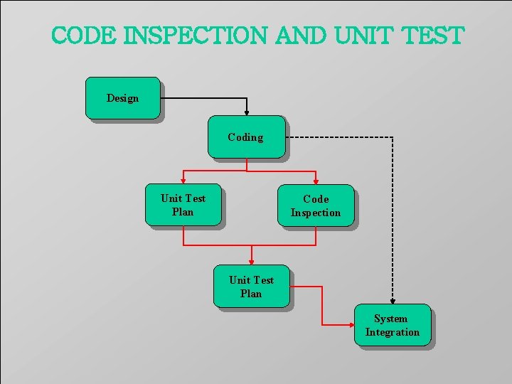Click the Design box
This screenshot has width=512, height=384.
(x=122, y=98)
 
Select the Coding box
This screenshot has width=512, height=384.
(x=246, y=137)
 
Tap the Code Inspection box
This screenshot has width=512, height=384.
(x=316, y=206)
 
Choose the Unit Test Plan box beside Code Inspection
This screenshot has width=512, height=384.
(x=183, y=206)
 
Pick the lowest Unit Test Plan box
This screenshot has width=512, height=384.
(x=251, y=287)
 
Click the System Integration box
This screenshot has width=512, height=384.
(x=392, y=326)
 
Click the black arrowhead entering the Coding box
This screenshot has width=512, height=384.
(x=247, y=111)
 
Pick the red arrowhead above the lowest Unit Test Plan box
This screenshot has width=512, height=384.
(x=251, y=262)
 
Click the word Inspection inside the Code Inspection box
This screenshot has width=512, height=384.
(x=316, y=213)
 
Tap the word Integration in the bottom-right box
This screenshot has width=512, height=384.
(x=393, y=332)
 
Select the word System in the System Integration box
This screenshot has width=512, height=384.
(x=391, y=319)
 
